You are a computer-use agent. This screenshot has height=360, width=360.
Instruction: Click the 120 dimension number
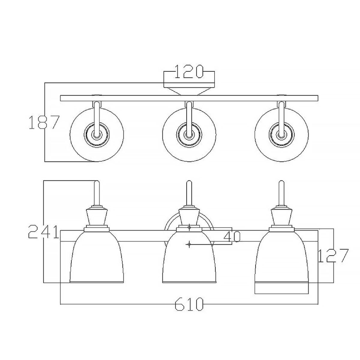click(x=189, y=72)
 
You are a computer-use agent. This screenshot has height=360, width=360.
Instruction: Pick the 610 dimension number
click(x=189, y=304)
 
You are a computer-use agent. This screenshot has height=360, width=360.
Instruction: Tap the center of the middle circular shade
click(x=189, y=135)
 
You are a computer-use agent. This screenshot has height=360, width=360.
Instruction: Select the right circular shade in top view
click(x=282, y=135)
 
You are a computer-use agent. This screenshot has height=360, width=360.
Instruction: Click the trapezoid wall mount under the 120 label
click(x=189, y=90)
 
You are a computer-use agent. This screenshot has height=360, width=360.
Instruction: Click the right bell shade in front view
click(x=282, y=257)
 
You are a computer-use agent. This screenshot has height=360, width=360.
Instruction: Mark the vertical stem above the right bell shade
click(x=282, y=193)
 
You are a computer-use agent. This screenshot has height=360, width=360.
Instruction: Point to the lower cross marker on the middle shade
click(x=189, y=245)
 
